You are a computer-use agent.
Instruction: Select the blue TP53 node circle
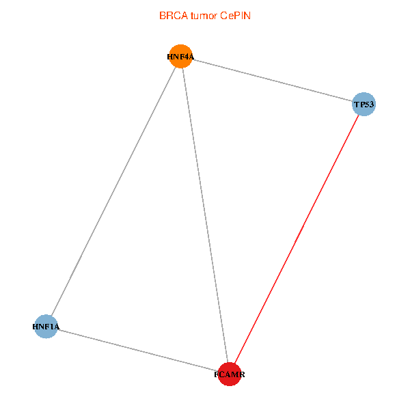pyautogui.click(x=364, y=105)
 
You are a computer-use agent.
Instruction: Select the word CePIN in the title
pyautogui.click(x=236, y=15)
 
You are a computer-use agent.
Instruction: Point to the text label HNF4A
pyautogui.click(x=180, y=57)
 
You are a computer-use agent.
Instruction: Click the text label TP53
pyautogui.click(x=364, y=105)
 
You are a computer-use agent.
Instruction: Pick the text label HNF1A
pyautogui.click(x=46, y=327)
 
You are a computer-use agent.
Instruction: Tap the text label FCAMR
pyautogui.click(x=230, y=375)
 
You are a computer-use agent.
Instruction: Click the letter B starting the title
pyautogui.click(x=163, y=15)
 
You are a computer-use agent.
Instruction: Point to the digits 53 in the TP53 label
pyautogui.click(x=370, y=105)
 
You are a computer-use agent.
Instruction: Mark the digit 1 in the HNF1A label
pyautogui.click(x=50, y=327)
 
